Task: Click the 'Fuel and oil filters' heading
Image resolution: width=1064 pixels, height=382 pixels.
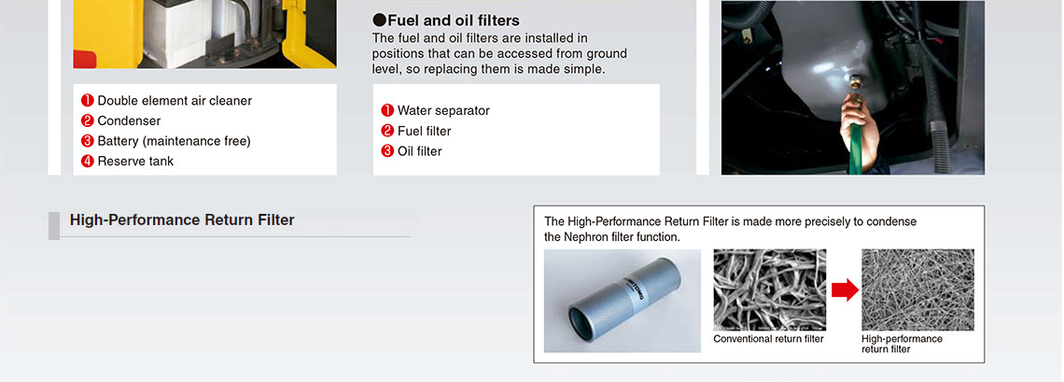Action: pos(454,21)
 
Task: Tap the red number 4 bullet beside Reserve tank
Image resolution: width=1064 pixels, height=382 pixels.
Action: pos(87,162)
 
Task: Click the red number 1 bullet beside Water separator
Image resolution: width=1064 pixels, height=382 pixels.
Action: pos(387,110)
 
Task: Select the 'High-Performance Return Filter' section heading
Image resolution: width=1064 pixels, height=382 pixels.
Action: pos(182,220)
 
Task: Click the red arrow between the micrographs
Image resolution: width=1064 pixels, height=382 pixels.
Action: pos(845,290)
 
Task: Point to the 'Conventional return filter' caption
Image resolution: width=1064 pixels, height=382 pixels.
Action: pos(768,339)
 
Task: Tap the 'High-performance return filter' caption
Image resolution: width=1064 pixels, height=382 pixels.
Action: pos(902,344)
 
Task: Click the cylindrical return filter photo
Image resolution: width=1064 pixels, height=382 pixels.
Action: pos(623,301)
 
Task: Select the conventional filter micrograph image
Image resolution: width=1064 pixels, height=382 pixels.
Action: pos(770,290)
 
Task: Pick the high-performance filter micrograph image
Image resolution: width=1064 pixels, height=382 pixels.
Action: pos(917,290)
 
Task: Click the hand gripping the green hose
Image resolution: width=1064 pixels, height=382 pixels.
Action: pos(857,122)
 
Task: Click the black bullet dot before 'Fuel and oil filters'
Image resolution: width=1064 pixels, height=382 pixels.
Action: pos(379,21)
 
